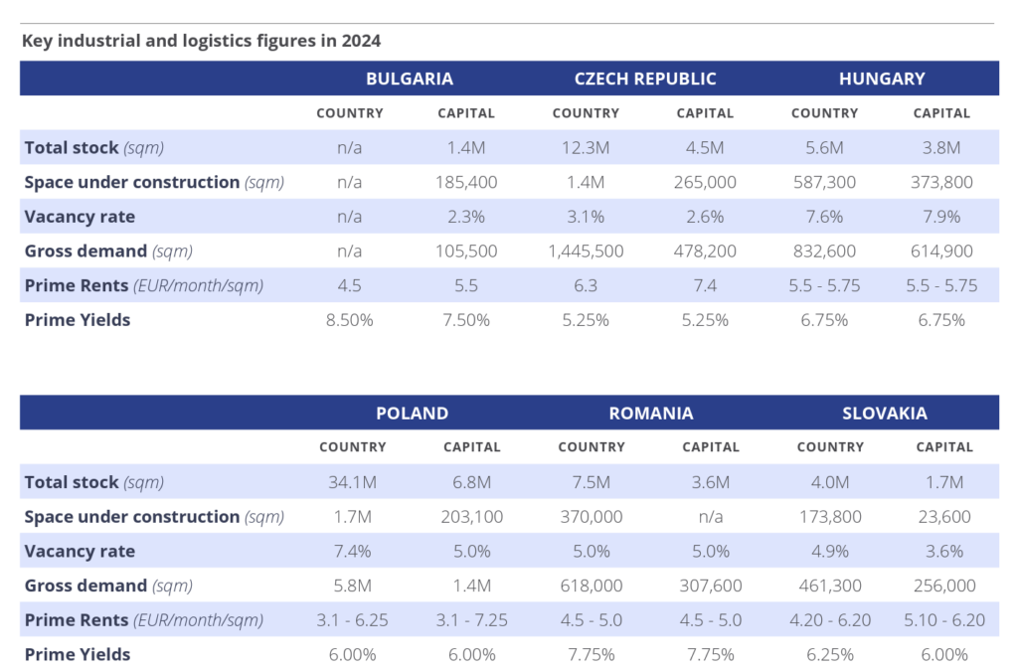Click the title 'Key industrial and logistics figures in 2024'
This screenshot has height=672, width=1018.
pyautogui.click(x=201, y=41)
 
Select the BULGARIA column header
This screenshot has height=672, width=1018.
pyautogui.click(x=409, y=79)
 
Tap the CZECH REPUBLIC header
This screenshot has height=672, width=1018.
pyautogui.click(x=645, y=79)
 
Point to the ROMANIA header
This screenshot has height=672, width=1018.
pyautogui.click(x=651, y=413)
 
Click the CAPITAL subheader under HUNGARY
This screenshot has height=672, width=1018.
pyautogui.click(x=941, y=113)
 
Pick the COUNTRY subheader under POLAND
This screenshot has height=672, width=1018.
pyautogui.click(x=353, y=447)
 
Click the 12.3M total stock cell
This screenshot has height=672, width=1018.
pyautogui.click(x=586, y=148)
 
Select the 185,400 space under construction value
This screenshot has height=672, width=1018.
pyautogui.click(x=466, y=183)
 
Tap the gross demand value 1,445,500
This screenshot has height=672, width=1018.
pyautogui.click(x=586, y=252)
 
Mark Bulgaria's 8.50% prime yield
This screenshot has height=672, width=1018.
pyautogui.click(x=349, y=320)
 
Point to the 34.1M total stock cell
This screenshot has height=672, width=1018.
pyautogui.click(x=353, y=482)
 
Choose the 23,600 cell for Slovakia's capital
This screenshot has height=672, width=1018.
pyautogui.click(x=943, y=517)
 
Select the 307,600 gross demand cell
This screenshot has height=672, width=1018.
pyautogui.click(x=710, y=586)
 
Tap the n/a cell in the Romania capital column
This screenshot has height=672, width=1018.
pyautogui.click(x=710, y=517)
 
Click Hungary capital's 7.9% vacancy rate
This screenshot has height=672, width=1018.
pyautogui.click(x=941, y=217)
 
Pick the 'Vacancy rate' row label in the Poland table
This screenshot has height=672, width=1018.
pyautogui.click(x=80, y=551)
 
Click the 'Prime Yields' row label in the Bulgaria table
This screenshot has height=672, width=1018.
pyautogui.click(x=78, y=320)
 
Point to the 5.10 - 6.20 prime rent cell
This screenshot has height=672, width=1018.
pyautogui.click(x=943, y=619)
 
